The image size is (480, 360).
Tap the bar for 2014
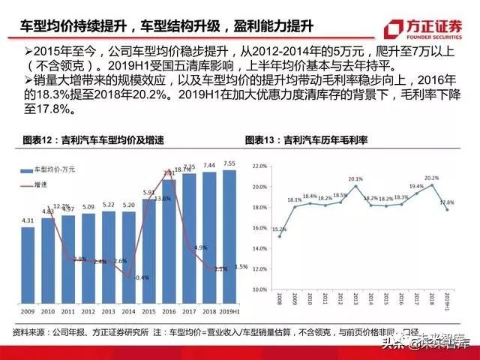[x=129, y=257]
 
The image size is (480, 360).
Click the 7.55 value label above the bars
[x=230, y=163]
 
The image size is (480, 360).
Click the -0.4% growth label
[x=141, y=277]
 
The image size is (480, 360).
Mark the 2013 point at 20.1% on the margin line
[x=355, y=185]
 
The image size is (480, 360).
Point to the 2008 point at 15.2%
[x=280, y=235]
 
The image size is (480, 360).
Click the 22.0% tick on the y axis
[x=260, y=166]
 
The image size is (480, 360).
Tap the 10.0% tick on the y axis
[x=260, y=289]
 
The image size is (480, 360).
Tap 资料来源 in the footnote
[x=28, y=332]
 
